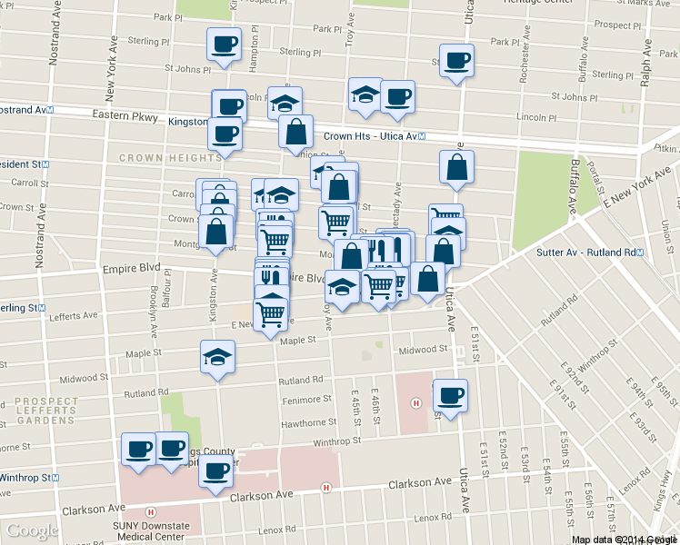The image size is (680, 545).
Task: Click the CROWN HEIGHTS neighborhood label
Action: click(169, 157)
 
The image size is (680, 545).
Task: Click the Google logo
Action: click(32, 530)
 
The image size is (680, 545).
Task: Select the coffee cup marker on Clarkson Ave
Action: click(216, 472)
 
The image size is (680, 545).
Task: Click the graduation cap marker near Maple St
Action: click(217, 357)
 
